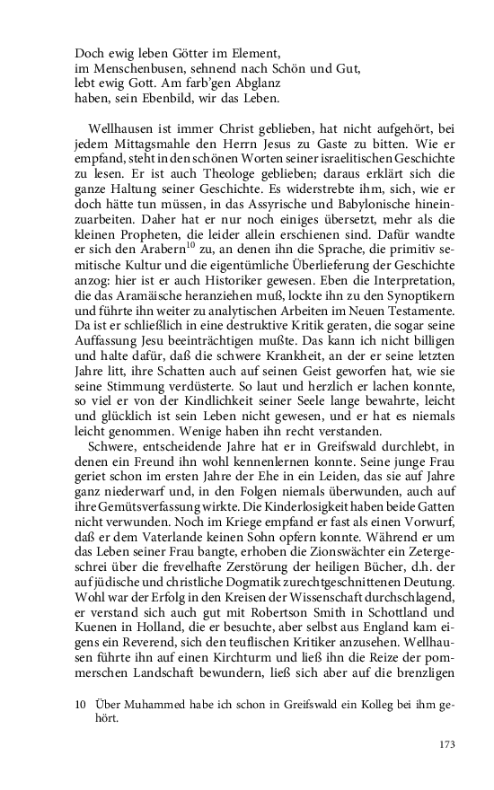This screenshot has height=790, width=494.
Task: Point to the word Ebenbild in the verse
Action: [166, 99]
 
